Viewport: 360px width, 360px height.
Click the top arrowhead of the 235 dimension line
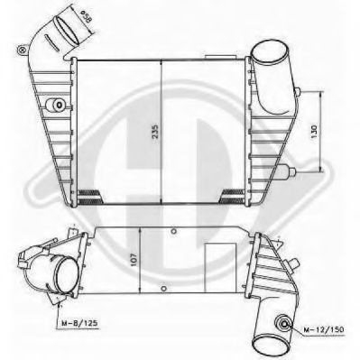pyautogui.click(x=161, y=63)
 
